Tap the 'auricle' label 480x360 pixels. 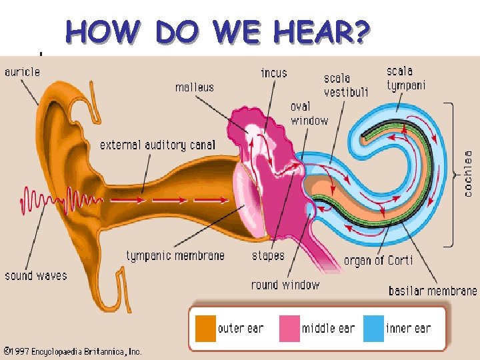point(22,71)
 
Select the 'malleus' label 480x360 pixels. point(195,87)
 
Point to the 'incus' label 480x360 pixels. point(274,72)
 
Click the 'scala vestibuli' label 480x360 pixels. point(346,85)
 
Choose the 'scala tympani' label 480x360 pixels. point(406,78)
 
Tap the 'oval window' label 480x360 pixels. point(309,114)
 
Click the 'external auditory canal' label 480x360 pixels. point(157,145)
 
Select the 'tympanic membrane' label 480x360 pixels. point(175,255)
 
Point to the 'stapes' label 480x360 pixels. point(268,255)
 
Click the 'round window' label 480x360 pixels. point(285,285)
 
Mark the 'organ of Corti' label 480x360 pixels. point(378,260)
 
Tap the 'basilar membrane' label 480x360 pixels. point(433,291)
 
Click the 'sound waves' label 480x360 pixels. point(36,275)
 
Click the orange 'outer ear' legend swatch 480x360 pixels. point(206,328)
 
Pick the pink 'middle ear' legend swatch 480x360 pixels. point(289,328)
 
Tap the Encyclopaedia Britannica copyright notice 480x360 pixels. point(73,351)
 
